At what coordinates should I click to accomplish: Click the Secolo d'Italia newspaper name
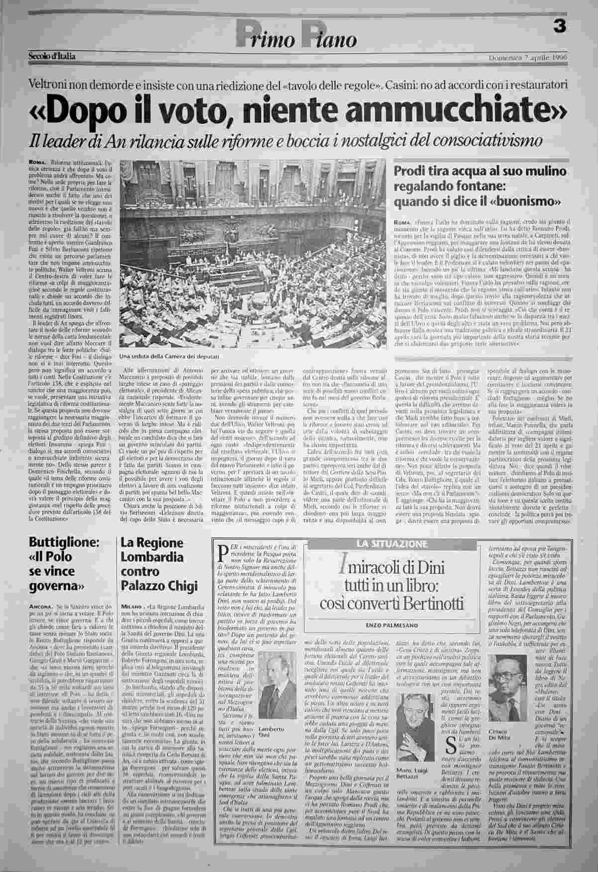point(51,56)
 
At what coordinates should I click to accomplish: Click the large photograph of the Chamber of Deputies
point(255,256)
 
